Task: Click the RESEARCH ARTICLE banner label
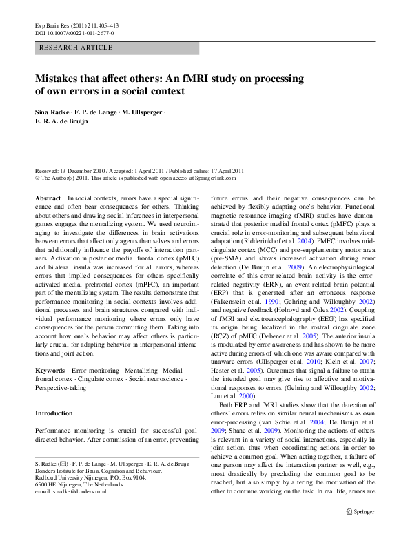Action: pos(76,48)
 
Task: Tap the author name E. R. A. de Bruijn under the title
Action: pos(65,121)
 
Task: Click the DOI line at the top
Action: pos(74,32)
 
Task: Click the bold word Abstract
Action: pos(48,198)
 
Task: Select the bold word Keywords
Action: pos(50,371)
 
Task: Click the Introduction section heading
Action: pos(54,413)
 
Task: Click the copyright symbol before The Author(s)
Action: pos(37,177)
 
